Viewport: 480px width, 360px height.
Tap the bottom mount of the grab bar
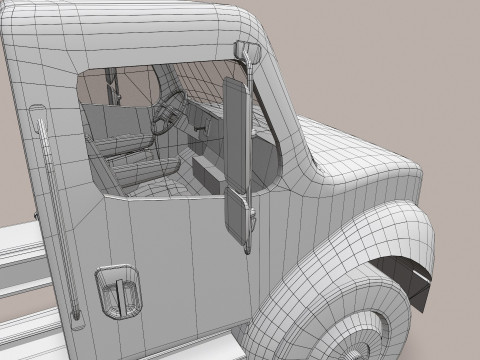click(75, 321)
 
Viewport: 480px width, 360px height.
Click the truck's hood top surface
click(370, 160)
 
